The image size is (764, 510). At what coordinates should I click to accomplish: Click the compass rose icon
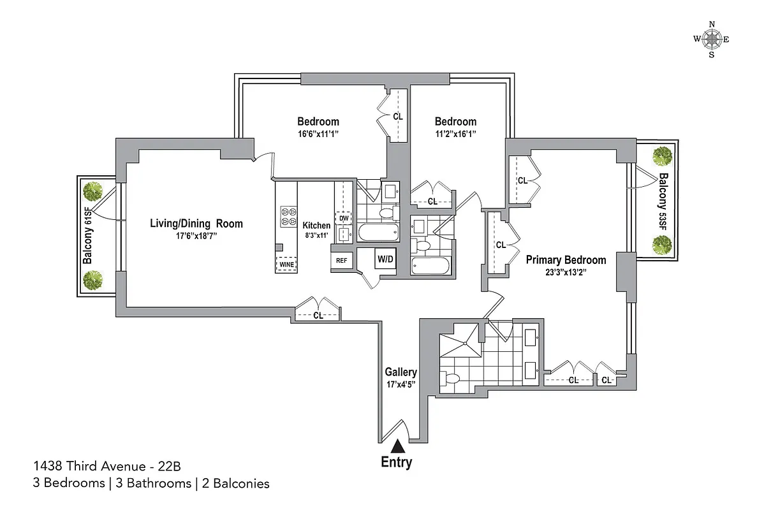click(x=711, y=40)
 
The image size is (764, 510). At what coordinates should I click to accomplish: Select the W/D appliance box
click(x=385, y=259)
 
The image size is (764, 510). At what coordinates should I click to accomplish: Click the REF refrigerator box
click(x=341, y=260)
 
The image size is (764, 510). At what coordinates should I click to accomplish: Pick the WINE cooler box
click(x=286, y=263)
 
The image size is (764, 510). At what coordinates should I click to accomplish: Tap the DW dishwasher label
click(x=344, y=218)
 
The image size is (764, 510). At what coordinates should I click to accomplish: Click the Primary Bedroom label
click(x=566, y=259)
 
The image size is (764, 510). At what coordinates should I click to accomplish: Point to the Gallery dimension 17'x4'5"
click(x=400, y=384)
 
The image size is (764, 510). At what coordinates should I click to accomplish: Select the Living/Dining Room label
click(x=196, y=224)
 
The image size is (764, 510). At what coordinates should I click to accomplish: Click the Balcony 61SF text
click(x=87, y=237)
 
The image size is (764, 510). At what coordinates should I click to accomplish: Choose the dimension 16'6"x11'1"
click(x=318, y=134)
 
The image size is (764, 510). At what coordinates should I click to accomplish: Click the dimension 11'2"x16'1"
click(x=455, y=134)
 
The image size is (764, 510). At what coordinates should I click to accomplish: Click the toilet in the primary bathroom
click(x=452, y=379)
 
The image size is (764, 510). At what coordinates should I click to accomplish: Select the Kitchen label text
click(x=316, y=225)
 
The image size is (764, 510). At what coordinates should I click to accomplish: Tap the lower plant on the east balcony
click(x=662, y=244)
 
